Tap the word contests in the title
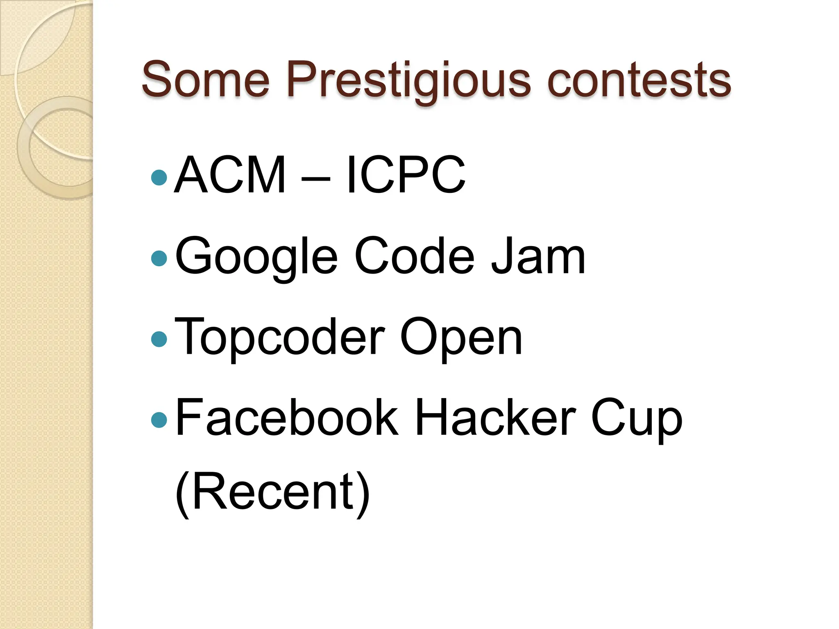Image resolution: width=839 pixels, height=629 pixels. tap(639, 80)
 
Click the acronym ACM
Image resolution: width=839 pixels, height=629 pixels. tap(230, 175)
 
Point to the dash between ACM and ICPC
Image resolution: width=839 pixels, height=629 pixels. tap(315, 179)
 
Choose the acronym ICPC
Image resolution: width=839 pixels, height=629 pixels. tap(406, 175)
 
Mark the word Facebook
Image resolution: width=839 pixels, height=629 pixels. tap(287, 418)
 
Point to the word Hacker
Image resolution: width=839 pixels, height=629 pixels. tap(495, 418)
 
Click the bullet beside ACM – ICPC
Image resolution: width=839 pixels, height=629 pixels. tap(159, 178)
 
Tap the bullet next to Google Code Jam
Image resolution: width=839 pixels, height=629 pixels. tap(159, 258)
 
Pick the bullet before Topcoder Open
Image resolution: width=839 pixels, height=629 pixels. tap(159, 339)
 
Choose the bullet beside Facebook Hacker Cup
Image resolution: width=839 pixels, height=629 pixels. tap(159, 420)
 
